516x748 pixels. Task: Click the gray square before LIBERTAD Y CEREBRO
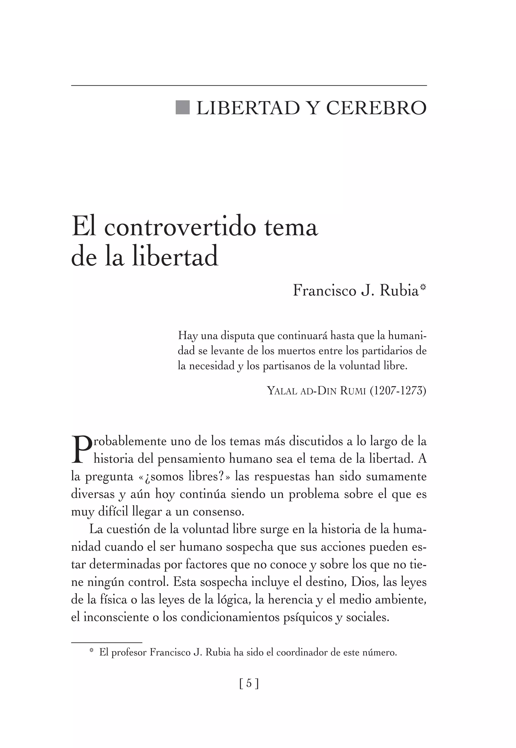pos(182,107)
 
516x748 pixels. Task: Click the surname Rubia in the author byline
pos(399,291)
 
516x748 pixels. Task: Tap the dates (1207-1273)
pos(398,391)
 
